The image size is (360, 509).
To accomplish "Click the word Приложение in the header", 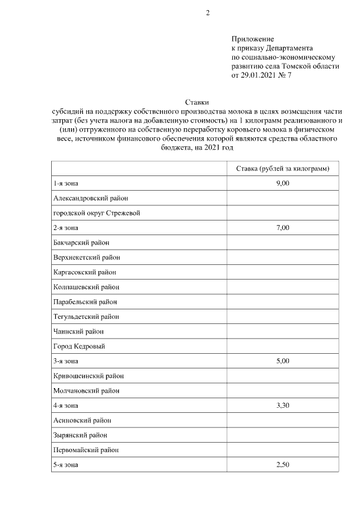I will click(253, 39).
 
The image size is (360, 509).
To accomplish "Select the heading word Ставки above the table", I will click(197, 102).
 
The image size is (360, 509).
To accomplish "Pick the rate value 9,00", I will click(282, 184).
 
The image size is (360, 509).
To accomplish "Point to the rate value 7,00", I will click(282, 228).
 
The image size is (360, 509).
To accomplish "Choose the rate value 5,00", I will click(282, 361).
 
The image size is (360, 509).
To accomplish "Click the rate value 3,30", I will click(282, 405).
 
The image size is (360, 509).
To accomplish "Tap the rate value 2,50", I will click(282, 465).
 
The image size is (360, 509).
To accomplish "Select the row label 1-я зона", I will click(66, 184).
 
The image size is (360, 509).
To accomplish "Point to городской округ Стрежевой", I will click(96, 213).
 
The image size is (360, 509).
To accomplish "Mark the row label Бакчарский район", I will click(81, 242).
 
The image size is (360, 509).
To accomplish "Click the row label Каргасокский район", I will click(85, 272).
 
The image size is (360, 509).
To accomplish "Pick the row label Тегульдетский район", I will click(86, 317).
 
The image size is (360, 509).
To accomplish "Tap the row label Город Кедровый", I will click(79, 346).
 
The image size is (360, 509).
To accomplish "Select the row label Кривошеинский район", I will click(88, 376).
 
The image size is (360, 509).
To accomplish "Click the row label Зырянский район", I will click(80, 435).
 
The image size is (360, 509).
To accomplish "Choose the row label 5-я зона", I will click(66, 465).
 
